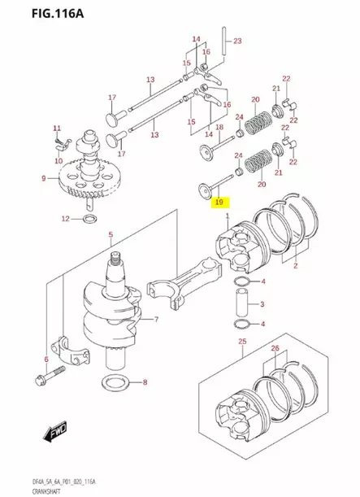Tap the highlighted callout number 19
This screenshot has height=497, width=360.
[219, 200]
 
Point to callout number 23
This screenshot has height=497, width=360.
[237, 40]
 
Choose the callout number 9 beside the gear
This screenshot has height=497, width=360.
[43, 177]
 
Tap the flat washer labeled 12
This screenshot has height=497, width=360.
[93, 219]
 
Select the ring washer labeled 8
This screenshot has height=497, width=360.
[115, 382]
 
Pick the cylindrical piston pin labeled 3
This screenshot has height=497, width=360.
[241, 305]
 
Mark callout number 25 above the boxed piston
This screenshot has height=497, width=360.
[242, 343]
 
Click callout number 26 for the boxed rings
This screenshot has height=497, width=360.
[275, 349]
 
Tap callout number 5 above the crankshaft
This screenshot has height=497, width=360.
[111, 235]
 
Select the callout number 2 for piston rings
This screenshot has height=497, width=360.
[296, 266]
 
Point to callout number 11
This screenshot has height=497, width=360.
[57, 129]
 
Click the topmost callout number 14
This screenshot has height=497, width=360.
[196, 39]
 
